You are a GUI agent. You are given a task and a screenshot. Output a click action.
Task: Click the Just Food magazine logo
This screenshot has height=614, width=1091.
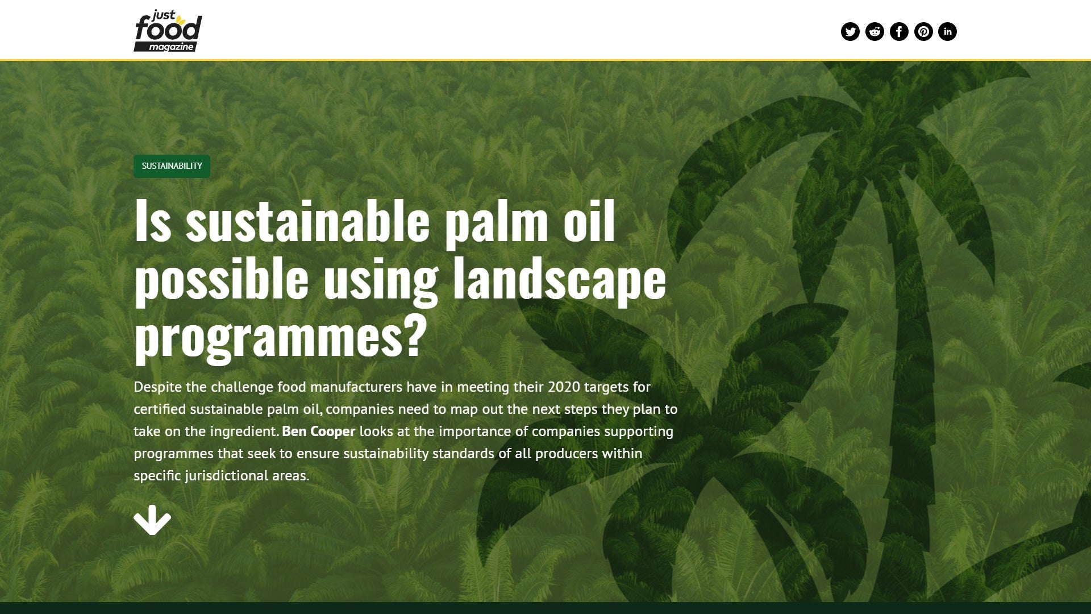click(x=168, y=31)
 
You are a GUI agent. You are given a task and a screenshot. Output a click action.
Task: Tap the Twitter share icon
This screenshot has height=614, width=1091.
click(x=850, y=31)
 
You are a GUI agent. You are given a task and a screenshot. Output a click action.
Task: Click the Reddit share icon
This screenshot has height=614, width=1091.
click(x=875, y=31)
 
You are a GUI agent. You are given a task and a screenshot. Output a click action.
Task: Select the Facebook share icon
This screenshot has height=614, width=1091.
click(x=899, y=31)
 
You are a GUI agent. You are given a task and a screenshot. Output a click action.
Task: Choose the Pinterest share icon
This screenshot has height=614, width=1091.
click(x=923, y=31)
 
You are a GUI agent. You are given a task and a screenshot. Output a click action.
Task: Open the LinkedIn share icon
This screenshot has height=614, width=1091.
click(x=947, y=31)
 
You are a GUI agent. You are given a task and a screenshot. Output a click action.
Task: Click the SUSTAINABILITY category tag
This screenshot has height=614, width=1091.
click(x=172, y=166)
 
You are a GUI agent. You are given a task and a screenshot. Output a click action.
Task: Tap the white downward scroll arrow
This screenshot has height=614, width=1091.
click(x=152, y=520)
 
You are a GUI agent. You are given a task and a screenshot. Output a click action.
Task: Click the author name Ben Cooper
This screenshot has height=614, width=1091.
click(x=318, y=431)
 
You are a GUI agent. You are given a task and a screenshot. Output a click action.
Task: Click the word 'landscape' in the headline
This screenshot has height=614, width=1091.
click(x=559, y=279)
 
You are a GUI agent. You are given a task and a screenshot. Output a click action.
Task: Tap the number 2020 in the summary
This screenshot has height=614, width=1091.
click(x=564, y=387)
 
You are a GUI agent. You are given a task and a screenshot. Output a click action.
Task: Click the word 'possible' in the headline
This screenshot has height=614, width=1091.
click(x=221, y=279)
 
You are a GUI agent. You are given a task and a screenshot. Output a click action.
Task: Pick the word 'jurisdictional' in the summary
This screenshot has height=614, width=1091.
click(x=226, y=475)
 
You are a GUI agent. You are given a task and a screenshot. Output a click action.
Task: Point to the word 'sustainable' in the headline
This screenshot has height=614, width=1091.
click(x=307, y=221)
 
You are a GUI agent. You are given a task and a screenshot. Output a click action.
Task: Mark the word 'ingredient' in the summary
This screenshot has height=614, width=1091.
click(x=244, y=432)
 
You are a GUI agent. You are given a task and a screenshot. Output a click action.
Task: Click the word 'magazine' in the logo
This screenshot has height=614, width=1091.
click(x=171, y=47)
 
